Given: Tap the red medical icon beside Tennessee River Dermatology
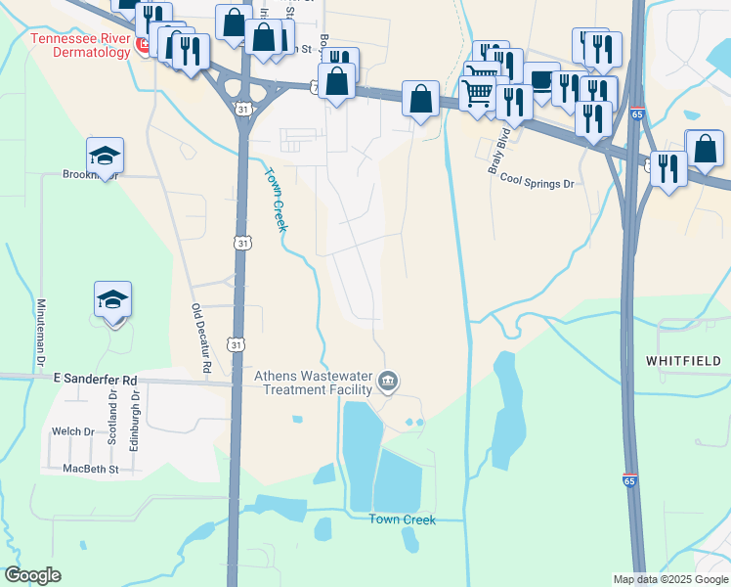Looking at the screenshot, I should click(141, 45).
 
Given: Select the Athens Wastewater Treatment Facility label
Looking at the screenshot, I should click(315, 382).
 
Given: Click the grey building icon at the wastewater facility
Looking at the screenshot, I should click(388, 381).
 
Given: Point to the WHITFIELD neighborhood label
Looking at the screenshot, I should click(684, 361).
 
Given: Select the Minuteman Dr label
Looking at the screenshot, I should click(42, 333).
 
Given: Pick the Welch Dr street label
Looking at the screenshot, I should click(73, 431).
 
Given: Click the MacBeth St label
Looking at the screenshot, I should click(90, 470).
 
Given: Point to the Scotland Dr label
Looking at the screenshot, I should click(112, 419).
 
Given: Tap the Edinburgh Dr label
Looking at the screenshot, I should click(136, 419).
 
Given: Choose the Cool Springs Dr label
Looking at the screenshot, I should click(536, 181).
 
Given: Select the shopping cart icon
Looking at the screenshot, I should click(478, 94).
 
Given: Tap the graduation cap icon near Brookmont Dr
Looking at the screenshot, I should click(105, 155).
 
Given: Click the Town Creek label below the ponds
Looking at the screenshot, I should click(402, 519).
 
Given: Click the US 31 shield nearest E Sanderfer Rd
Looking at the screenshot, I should click(235, 343).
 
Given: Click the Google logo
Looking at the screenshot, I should click(32, 575).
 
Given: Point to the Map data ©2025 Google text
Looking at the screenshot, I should click(670, 579).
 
